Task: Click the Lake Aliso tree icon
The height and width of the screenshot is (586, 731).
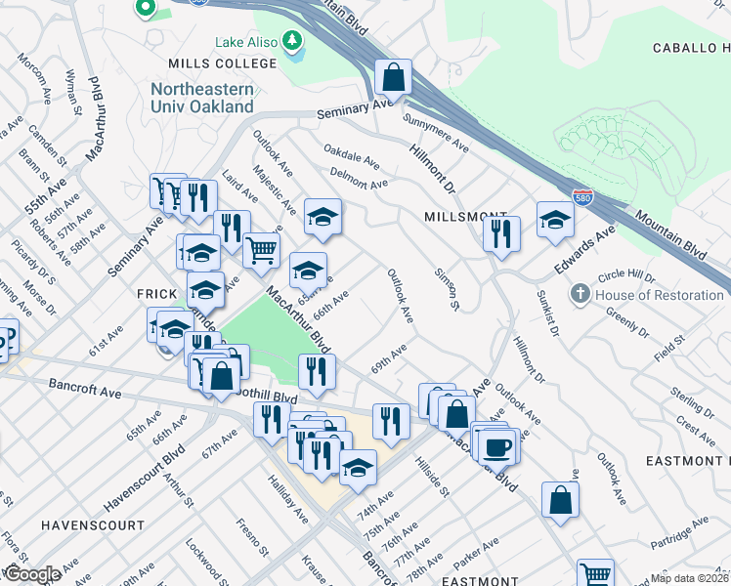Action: point(290,42)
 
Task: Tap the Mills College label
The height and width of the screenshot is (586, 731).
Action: point(223,63)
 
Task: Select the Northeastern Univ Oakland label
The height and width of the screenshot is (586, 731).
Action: point(201,98)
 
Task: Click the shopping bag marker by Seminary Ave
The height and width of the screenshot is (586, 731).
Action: point(392,76)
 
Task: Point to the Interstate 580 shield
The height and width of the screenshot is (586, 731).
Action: point(582,197)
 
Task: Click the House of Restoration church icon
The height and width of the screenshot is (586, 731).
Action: point(580,294)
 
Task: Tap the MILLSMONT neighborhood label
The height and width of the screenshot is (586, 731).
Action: point(465,215)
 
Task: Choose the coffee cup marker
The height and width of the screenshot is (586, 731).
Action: point(497,445)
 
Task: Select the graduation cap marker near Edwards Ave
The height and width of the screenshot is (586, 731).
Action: point(555,220)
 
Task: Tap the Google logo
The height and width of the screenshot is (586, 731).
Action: point(31,574)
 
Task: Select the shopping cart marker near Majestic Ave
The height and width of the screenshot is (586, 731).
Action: point(261,250)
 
